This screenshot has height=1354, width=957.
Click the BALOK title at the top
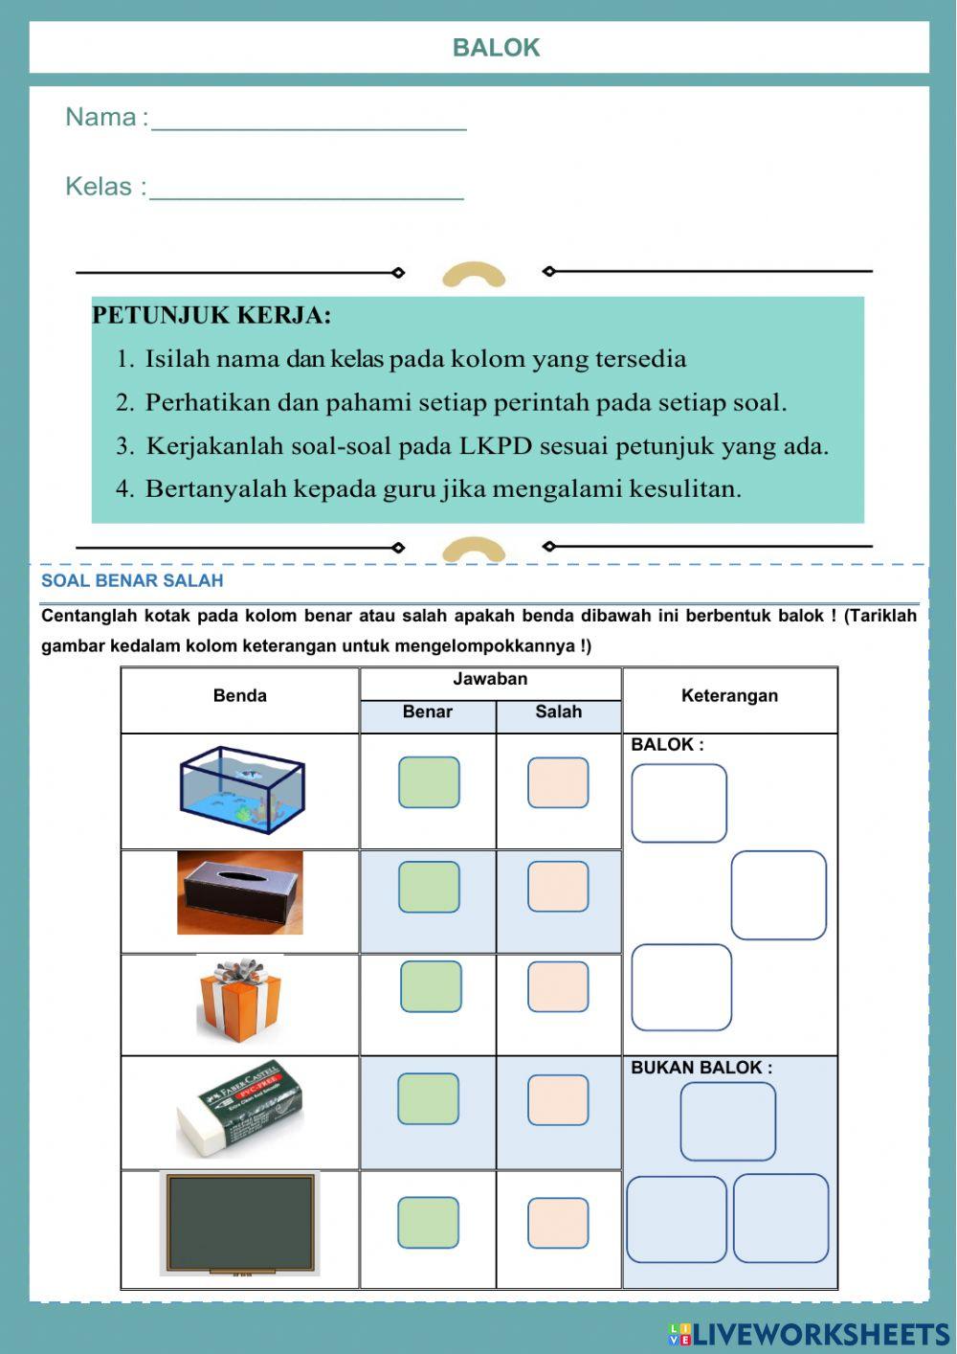(496, 48)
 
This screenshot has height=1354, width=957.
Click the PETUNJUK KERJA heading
(211, 315)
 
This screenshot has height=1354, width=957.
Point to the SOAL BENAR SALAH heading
(132, 580)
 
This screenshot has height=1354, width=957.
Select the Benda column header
(239, 696)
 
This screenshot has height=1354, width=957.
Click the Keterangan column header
(729, 696)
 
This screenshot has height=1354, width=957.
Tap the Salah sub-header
(558, 712)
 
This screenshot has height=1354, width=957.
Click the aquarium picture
(241, 790)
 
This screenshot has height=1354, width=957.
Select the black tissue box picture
(240, 892)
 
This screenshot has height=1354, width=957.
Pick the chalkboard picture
(240, 1224)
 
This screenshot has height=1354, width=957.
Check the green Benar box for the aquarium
(429, 782)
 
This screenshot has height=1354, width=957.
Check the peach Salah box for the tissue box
(558, 887)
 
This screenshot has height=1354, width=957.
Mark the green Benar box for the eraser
(428, 1098)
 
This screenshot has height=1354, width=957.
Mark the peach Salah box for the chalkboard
(558, 1223)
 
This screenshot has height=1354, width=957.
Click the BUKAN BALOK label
(701, 1068)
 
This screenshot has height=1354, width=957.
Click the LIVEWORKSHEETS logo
(809, 1334)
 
